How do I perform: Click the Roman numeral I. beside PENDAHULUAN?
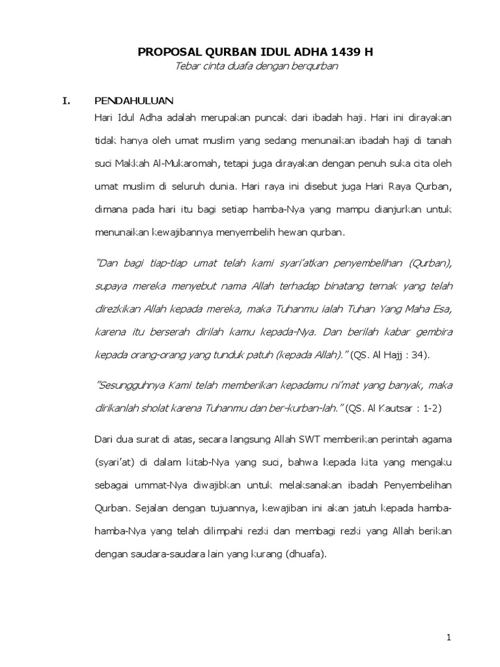pos(64,101)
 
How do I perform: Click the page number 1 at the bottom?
pos(449,638)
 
